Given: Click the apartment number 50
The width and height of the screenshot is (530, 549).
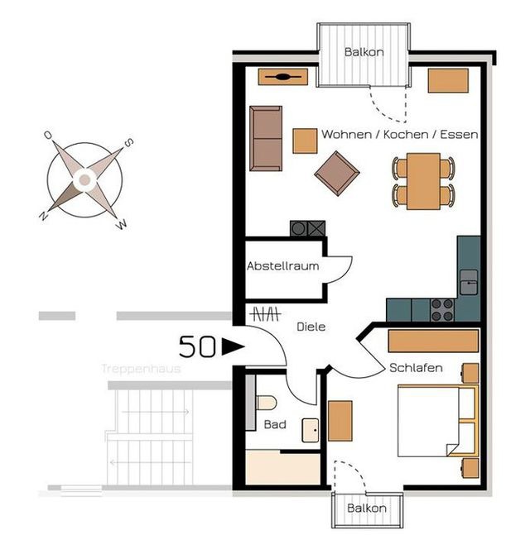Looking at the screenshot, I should tap(198, 347).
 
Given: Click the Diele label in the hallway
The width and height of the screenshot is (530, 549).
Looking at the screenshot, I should tap(311, 327).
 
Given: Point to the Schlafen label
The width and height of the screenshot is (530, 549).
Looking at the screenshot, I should tap(416, 368).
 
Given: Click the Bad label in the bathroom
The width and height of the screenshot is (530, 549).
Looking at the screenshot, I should tap(274, 424).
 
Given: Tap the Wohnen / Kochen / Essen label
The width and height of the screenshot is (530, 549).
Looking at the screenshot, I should tap(399, 134).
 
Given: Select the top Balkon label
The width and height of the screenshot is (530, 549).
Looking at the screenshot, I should tap(364, 52).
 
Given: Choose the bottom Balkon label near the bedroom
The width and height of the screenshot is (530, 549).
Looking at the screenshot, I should tap(367, 508).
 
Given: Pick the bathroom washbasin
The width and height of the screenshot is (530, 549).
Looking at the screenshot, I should tap(311, 431).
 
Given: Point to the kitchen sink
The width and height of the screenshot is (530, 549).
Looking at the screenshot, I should tap(469, 282).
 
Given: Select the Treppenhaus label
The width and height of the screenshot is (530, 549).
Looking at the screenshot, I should tap(141, 369).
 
